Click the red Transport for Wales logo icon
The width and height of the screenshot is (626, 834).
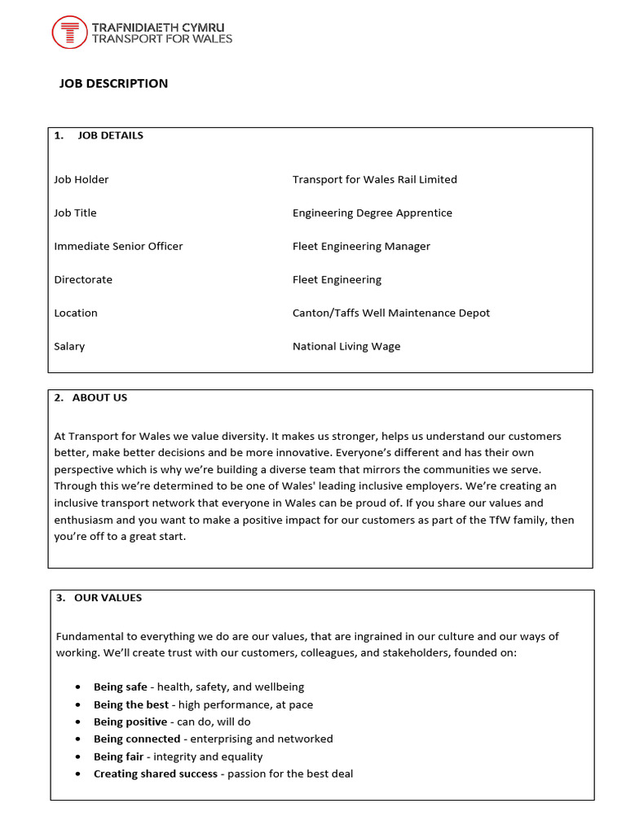pos(69,33)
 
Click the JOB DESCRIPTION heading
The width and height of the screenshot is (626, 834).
pos(113,83)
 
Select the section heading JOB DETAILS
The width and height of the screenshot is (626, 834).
pos(110,135)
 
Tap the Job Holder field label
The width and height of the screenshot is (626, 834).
pos(81,179)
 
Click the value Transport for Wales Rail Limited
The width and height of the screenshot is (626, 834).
pos(374,179)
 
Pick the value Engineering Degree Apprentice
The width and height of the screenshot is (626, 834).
pos(372,213)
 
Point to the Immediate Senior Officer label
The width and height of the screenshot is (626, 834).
pos(118,246)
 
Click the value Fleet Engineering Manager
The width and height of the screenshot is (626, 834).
pos(361,246)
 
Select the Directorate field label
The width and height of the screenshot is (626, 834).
pos(83,279)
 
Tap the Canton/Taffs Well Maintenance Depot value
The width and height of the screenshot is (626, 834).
pos(391,313)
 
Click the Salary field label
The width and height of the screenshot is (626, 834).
pos(69,346)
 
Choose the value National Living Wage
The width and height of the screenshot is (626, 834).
pos(346,346)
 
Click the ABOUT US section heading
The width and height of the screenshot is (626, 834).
pos(99,397)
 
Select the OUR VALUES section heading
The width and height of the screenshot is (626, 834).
pos(108,598)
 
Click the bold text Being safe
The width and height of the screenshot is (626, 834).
pos(120,687)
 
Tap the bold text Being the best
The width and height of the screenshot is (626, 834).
pos(130,705)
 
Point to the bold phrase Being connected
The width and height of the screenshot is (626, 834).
pos(136,739)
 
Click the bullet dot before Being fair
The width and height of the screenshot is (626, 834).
pos(77,757)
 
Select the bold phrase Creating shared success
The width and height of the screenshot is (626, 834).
pos(155,774)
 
